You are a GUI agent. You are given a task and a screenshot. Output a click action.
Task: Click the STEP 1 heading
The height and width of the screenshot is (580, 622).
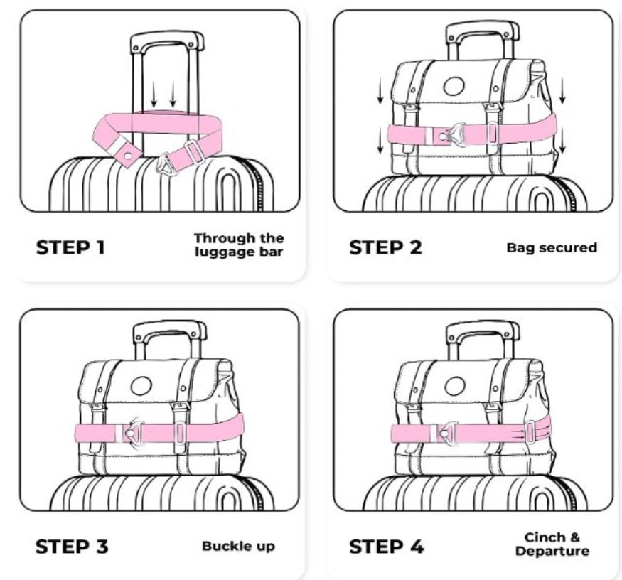tap(70, 247)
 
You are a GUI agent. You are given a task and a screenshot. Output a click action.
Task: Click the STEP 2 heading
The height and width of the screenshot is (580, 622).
tap(385, 247)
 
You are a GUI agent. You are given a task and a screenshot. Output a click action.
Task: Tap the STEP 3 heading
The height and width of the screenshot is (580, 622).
tap(72, 547)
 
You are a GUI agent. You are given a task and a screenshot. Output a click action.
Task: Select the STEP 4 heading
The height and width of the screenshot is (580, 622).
tap(387, 547)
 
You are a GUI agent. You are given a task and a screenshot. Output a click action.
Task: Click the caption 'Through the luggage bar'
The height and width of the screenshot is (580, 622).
tap(239, 245)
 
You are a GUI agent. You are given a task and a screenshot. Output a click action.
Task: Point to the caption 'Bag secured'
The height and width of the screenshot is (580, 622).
tap(552, 247)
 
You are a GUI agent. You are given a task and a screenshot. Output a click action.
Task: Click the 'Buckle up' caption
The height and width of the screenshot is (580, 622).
tap(238, 547)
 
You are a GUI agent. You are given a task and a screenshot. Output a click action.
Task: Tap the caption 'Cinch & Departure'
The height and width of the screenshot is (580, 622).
tap(552, 544)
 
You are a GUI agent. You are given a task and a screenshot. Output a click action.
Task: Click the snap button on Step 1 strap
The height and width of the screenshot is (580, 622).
tap(128, 156)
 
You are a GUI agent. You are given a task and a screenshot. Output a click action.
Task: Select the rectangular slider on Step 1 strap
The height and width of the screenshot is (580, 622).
tap(193, 152)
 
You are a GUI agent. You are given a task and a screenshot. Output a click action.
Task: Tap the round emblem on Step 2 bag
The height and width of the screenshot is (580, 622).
tap(454, 87)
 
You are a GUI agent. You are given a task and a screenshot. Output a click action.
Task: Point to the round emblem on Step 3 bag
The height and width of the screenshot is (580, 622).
tap(141, 386)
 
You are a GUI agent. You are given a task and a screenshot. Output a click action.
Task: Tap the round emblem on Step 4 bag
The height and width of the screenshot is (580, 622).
tap(455, 386)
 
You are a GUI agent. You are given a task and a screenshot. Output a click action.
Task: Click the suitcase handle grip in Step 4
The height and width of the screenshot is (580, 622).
tap(483, 329)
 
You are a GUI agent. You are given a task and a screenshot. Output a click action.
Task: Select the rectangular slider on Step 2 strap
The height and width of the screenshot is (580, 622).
tap(492, 133)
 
